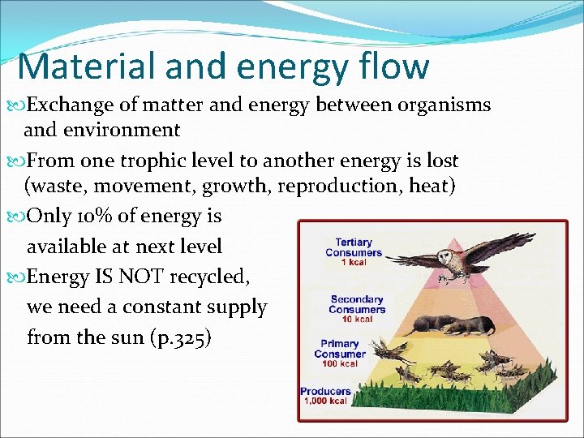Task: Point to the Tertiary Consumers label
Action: pyautogui.click(x=354, y=247)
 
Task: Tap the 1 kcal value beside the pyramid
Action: pyautogui.click(x=354, y=262)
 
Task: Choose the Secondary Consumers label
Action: pyautogui.click(x=357, y=305)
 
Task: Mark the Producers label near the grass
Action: pyautogui.click(x=325, y=391)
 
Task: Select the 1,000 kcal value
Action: pyautogui.click(x=325, y=401)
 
